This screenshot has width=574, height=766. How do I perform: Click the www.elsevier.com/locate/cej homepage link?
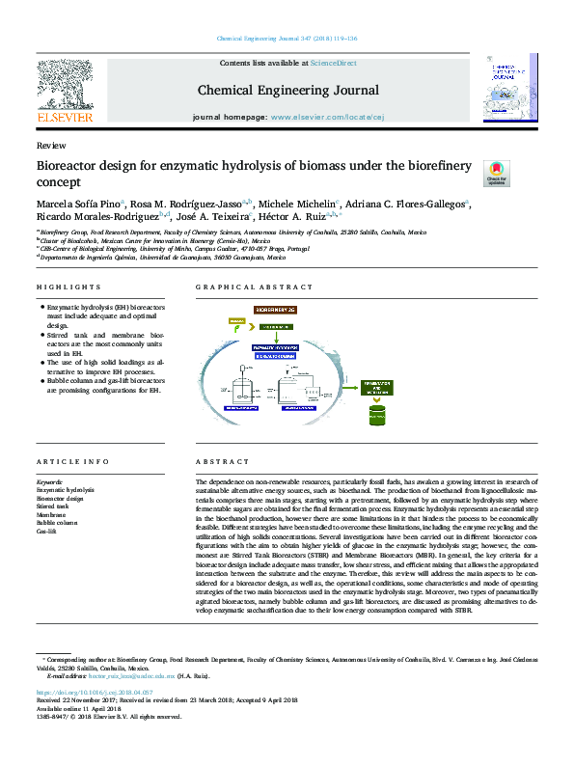pyautogui.click(x=317, y=116)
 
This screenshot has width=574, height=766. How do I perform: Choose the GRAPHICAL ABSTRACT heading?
pyautogui.click(x=247, y=287)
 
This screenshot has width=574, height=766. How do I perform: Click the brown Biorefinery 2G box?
pyautogui.click(x=279, y=308)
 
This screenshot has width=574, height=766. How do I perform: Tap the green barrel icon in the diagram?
pyautogui.click(x=377, y=416)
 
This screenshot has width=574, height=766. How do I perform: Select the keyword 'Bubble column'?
pyautogui.click(x=56, y=523)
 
